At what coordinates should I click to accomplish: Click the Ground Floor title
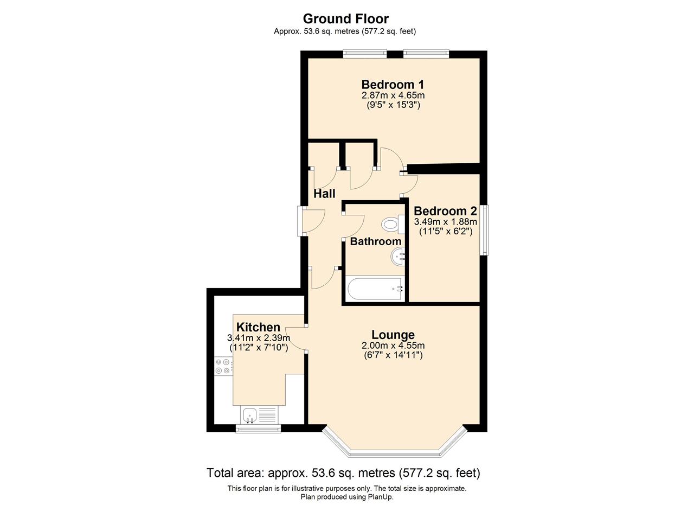(346, 19)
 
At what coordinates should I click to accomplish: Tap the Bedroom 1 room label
(393, 84)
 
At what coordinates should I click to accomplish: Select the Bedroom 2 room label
(445, 211)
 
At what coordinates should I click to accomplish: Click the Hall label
(324, 194)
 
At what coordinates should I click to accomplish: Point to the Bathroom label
(376, 241)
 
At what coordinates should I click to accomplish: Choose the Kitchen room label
(258, 327)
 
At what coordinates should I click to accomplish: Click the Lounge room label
(393, 335)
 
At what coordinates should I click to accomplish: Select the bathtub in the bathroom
(375, 289)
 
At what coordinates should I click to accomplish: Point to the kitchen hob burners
(223, 366)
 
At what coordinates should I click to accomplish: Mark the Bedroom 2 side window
(484, 229)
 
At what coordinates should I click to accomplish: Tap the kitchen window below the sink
(258, 429)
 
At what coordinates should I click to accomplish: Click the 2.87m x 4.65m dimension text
(393, 95)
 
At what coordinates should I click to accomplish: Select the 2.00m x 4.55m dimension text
(393, 346)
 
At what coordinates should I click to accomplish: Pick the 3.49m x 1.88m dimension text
(446, 222)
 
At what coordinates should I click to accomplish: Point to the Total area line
(343, 473)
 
